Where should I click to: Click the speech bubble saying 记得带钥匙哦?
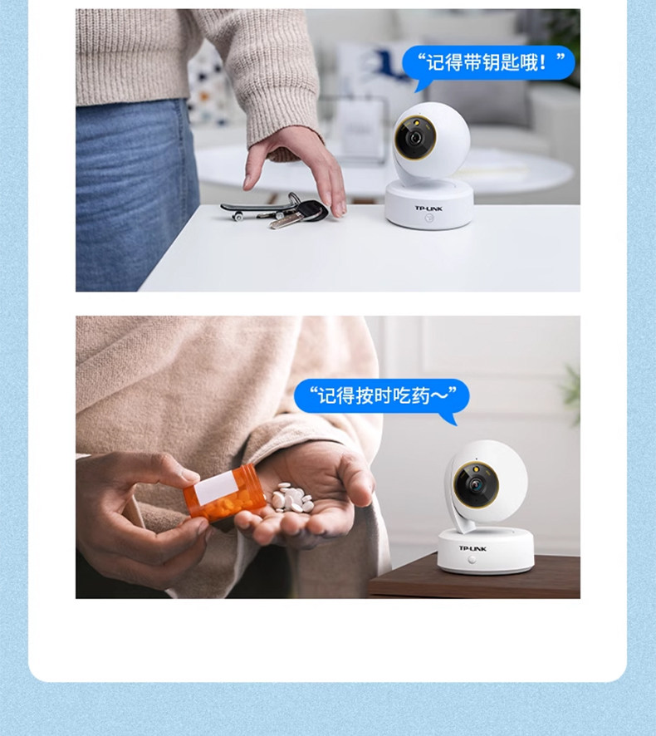488,63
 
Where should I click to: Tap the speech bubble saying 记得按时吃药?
381,396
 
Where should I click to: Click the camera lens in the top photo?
415,137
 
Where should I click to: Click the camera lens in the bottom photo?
477,485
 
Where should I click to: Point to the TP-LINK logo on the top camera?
428,209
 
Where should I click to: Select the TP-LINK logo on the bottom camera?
472,548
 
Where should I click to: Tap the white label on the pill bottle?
215,488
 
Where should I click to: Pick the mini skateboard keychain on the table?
250,209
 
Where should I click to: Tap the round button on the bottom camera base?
472,560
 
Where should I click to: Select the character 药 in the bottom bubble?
420,396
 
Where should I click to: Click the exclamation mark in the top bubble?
543,62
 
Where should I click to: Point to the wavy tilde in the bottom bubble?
438,396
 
